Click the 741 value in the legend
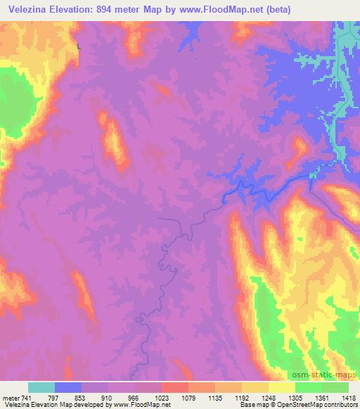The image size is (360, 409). (x=27, y=398)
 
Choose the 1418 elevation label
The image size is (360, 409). (x=347, y=398)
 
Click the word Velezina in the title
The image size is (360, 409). (x=26, y=9)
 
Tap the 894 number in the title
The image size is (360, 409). (x=114, y=9)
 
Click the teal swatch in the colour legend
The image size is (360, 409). (x=41, y=387)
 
